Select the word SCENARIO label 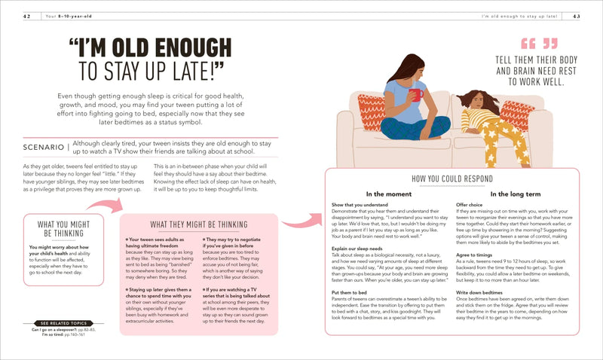click(x=46, y=146)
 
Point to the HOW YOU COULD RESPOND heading click(x=453, y=178)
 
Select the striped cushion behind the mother click(x=371, y=111)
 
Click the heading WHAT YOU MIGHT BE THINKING click(x=64, y=229)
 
